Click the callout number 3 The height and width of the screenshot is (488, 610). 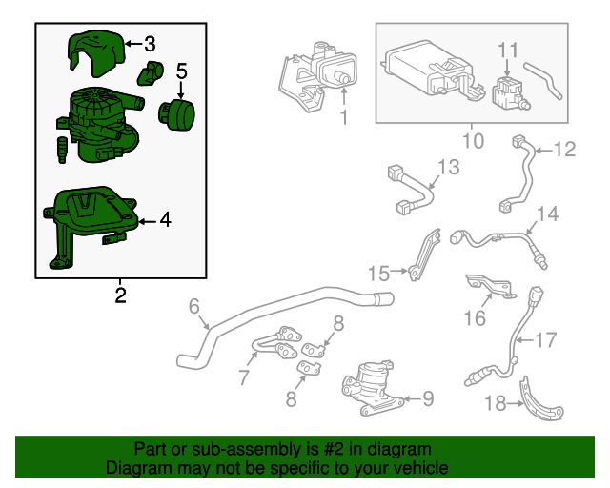151,44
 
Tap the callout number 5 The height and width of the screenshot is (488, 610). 182,71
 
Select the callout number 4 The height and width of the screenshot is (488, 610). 165,220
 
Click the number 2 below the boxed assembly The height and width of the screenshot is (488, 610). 120,295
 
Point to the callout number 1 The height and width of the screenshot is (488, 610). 343,119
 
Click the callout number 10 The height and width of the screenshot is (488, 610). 473,141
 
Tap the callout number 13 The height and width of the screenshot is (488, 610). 448,169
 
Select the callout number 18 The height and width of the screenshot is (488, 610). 495,403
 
